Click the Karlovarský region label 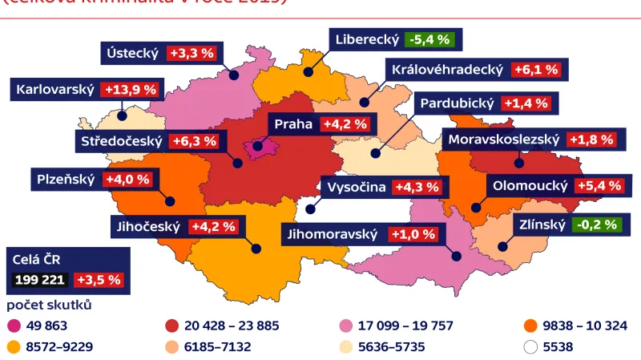[x=54, y=90]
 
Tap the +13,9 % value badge [x=131, y=90]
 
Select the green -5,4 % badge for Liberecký [x=429, y=39]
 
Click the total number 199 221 [x=40, y=280]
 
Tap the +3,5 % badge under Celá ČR [x=99, y=280]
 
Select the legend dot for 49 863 [x=13, y=326]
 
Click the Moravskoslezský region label [x=503, y=140]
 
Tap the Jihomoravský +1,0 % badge [x=413, y=234]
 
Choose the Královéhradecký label [x=448, y=70]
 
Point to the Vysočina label [x=357, y=187]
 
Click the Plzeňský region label [x=66, y=179]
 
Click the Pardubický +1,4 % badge [x=526, y=103]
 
